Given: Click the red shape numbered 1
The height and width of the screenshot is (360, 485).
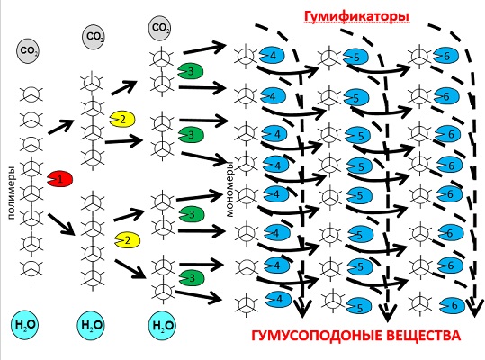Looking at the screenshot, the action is pos(60,179).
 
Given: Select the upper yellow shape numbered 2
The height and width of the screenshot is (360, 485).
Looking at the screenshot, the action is pos(122,119).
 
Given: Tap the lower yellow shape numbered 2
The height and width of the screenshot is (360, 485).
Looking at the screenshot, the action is pos(127,240).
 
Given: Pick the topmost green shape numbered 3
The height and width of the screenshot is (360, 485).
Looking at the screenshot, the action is pos(190,71).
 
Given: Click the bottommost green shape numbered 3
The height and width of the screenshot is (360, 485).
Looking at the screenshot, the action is pos(192,277).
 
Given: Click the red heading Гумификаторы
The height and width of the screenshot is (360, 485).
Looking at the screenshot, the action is pos(356,17).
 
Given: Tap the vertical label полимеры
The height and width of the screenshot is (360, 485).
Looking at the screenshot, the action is pos(11,193).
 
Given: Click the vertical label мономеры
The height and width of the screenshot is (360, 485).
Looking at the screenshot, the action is pos(229,190).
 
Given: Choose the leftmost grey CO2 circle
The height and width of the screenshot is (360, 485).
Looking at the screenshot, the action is pos(28,51).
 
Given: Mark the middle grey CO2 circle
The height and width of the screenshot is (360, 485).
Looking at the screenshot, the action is pos(93,37).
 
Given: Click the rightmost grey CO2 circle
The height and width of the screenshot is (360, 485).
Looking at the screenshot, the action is pos(159,29).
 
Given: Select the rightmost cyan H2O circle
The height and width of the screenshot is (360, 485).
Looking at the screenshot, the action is pos(162,326).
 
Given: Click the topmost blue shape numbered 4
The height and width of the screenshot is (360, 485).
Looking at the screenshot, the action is pos(272,56).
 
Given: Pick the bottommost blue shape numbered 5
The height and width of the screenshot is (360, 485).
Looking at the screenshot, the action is pos(359,306).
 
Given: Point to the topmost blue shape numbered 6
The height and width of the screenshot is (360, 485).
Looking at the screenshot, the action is pos(445,56).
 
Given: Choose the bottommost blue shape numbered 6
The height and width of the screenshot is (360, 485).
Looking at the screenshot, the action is pos(453,305).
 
